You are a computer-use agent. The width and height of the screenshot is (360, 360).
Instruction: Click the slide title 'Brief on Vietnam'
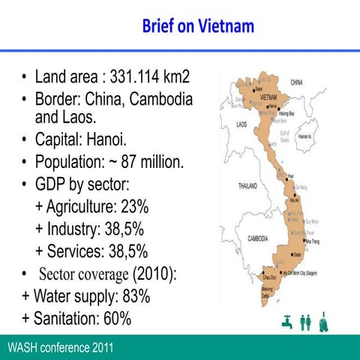click(x=198, y=27)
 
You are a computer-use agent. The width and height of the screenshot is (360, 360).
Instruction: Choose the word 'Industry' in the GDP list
click(x=73, y=229)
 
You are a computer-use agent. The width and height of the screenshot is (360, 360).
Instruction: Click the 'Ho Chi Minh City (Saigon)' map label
click(x=297, y=274)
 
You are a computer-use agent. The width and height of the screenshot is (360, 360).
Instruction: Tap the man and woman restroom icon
click(x=305, y=321)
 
